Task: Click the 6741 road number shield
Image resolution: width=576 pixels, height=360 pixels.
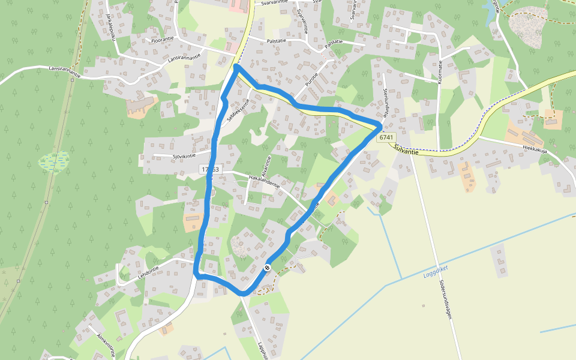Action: [387, 137]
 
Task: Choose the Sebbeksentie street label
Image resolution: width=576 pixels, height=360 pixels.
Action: [238, 111]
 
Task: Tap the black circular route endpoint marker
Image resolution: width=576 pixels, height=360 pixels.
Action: [267, 268]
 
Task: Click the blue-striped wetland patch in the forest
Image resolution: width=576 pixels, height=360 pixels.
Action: [54, 162]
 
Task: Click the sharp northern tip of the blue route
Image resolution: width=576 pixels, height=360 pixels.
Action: [236, 65]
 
